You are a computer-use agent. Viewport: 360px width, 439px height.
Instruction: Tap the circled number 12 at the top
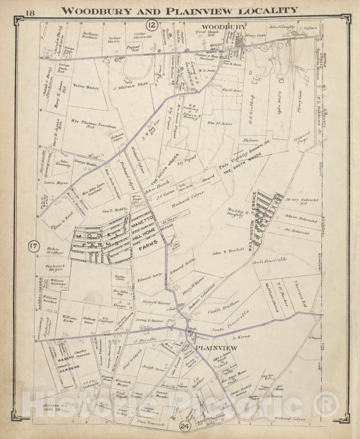pyautogui.click(x=151, y=24)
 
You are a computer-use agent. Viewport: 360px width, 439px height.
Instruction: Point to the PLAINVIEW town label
pyautogui.click(x=216, y=348)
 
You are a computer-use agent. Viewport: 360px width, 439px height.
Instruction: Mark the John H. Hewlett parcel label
pyautogui.click(x=225, y=252)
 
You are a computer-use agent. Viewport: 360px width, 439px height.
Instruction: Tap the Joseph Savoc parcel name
pyautogui.click(x=154, y=367)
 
